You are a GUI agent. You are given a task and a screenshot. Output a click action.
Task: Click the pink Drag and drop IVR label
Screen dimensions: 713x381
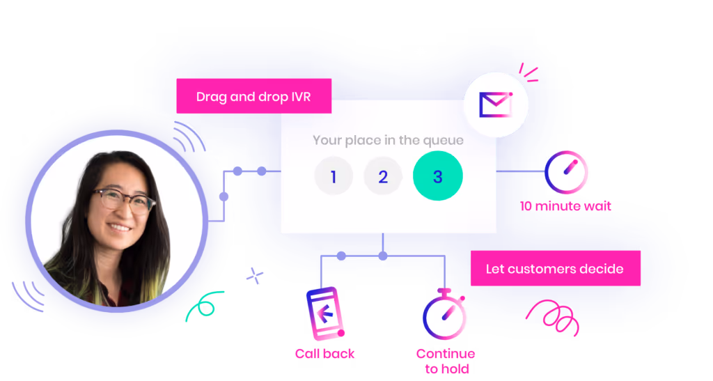click(253, 96)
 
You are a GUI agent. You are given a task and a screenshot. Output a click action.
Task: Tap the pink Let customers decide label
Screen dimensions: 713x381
click(555, 268)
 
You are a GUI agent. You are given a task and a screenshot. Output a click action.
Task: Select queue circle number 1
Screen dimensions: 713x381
click(333, 176)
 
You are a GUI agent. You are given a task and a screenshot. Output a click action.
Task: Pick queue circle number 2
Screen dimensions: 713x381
click(382, 176)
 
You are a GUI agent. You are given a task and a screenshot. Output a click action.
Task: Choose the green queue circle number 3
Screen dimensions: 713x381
click(437, 176)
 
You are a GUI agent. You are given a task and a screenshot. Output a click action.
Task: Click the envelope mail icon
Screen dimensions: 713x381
click(496, 105)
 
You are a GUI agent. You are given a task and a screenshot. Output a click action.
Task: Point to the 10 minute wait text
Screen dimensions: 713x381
click(565, 207)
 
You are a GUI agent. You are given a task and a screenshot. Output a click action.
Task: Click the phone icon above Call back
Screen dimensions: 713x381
click(325, 313)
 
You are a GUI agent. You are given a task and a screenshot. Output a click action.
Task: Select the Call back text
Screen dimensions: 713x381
click(325, 354)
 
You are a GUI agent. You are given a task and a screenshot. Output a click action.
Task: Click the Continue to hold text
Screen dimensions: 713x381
click(446, 361)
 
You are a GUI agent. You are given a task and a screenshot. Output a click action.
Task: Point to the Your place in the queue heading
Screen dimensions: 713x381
click(388, 140)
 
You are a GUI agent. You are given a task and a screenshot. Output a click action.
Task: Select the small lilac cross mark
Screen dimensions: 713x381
click(256, 277)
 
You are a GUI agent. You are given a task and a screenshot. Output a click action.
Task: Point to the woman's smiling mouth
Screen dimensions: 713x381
click(119, 227)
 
